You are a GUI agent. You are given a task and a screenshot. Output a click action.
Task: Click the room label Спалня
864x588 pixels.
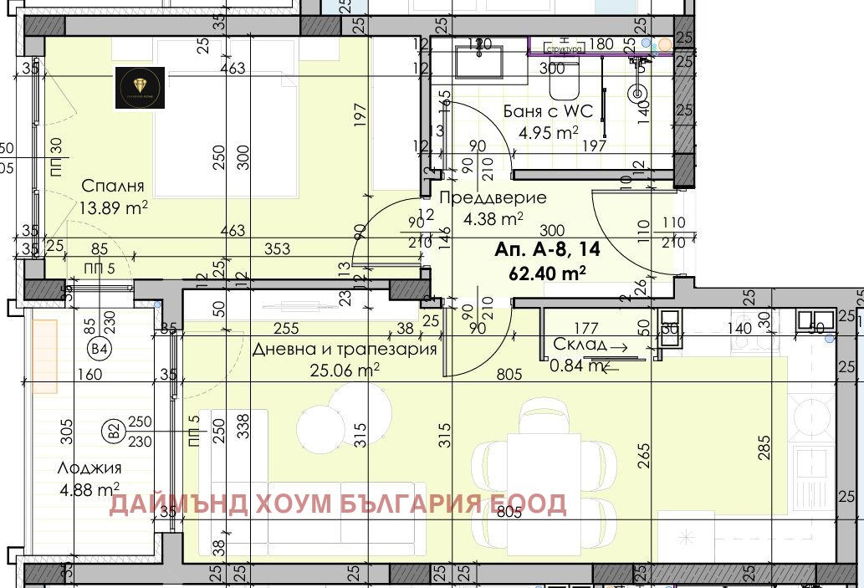(113, 186)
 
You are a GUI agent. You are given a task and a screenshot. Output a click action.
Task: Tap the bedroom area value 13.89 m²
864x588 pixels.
(113, 207)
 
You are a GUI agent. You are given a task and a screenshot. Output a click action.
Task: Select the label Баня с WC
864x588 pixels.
(548, 112)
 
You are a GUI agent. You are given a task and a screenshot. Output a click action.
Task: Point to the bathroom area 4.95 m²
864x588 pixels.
(549, 133)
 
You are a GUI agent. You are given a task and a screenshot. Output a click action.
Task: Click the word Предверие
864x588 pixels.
(493, 198)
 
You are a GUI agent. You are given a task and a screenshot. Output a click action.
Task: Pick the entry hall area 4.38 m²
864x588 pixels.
(493, 219)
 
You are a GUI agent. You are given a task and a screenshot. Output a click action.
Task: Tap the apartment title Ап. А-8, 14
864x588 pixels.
(547, 250)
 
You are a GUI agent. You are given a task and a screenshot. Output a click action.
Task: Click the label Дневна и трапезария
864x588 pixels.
(345, 349)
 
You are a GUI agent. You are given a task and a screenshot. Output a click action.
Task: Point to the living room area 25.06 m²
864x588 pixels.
(345, 368)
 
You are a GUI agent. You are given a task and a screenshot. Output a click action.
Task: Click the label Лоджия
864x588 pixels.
(90, 468)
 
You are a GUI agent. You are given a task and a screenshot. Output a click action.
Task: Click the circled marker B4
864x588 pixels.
(100, 349)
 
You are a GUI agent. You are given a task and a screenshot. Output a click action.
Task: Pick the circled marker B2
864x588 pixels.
(111, 432)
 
